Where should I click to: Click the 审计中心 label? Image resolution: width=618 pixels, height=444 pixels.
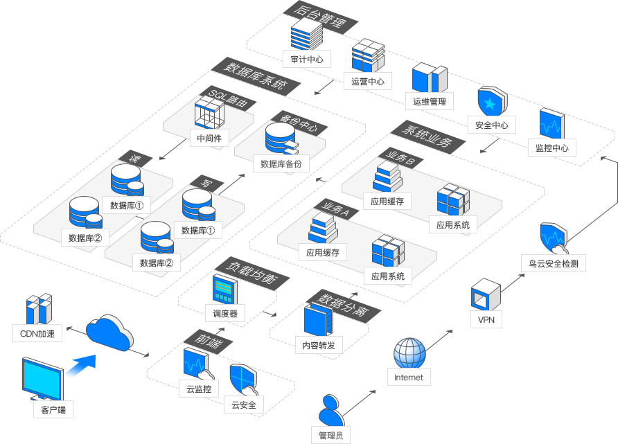coord(307,59)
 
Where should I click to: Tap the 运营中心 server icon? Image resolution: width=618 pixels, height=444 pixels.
coord(368,55)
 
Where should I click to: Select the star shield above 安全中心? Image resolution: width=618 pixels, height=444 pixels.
coord(493,101)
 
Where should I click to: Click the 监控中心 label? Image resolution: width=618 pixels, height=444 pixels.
coord(551,148)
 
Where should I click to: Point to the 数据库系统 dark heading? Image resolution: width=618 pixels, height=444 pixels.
coord(256,76)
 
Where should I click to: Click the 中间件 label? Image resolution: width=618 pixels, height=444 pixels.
coord(209,138)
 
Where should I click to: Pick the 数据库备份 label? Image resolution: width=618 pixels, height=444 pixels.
coord(281,164)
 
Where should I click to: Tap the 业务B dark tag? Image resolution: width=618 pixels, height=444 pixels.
coord(400,158)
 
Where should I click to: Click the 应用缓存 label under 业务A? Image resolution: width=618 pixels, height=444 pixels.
coord(323,253)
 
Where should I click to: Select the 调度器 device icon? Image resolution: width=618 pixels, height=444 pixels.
coord(224,289)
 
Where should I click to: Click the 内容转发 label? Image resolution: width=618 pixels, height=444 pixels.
coord(319,346)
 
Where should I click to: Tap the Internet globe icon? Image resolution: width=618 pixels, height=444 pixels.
coord(410,353)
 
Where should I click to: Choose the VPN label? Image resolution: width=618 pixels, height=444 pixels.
coord(486,319)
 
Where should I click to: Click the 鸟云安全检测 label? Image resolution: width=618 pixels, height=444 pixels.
coord(554,264)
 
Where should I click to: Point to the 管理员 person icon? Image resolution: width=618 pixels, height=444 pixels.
coord(330,411)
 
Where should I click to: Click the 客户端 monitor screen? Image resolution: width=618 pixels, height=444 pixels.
coord(42,379)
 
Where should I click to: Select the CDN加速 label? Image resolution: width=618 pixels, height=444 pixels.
coord(37,334)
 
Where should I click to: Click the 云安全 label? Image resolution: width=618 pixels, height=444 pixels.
coord(244,405)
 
